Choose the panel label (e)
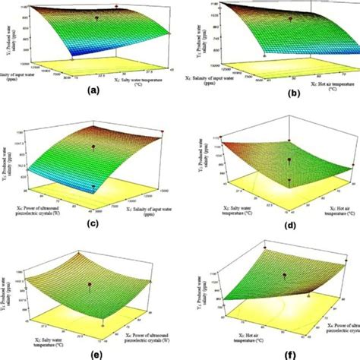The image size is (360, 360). pyautogui.click(x=93, y=352)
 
